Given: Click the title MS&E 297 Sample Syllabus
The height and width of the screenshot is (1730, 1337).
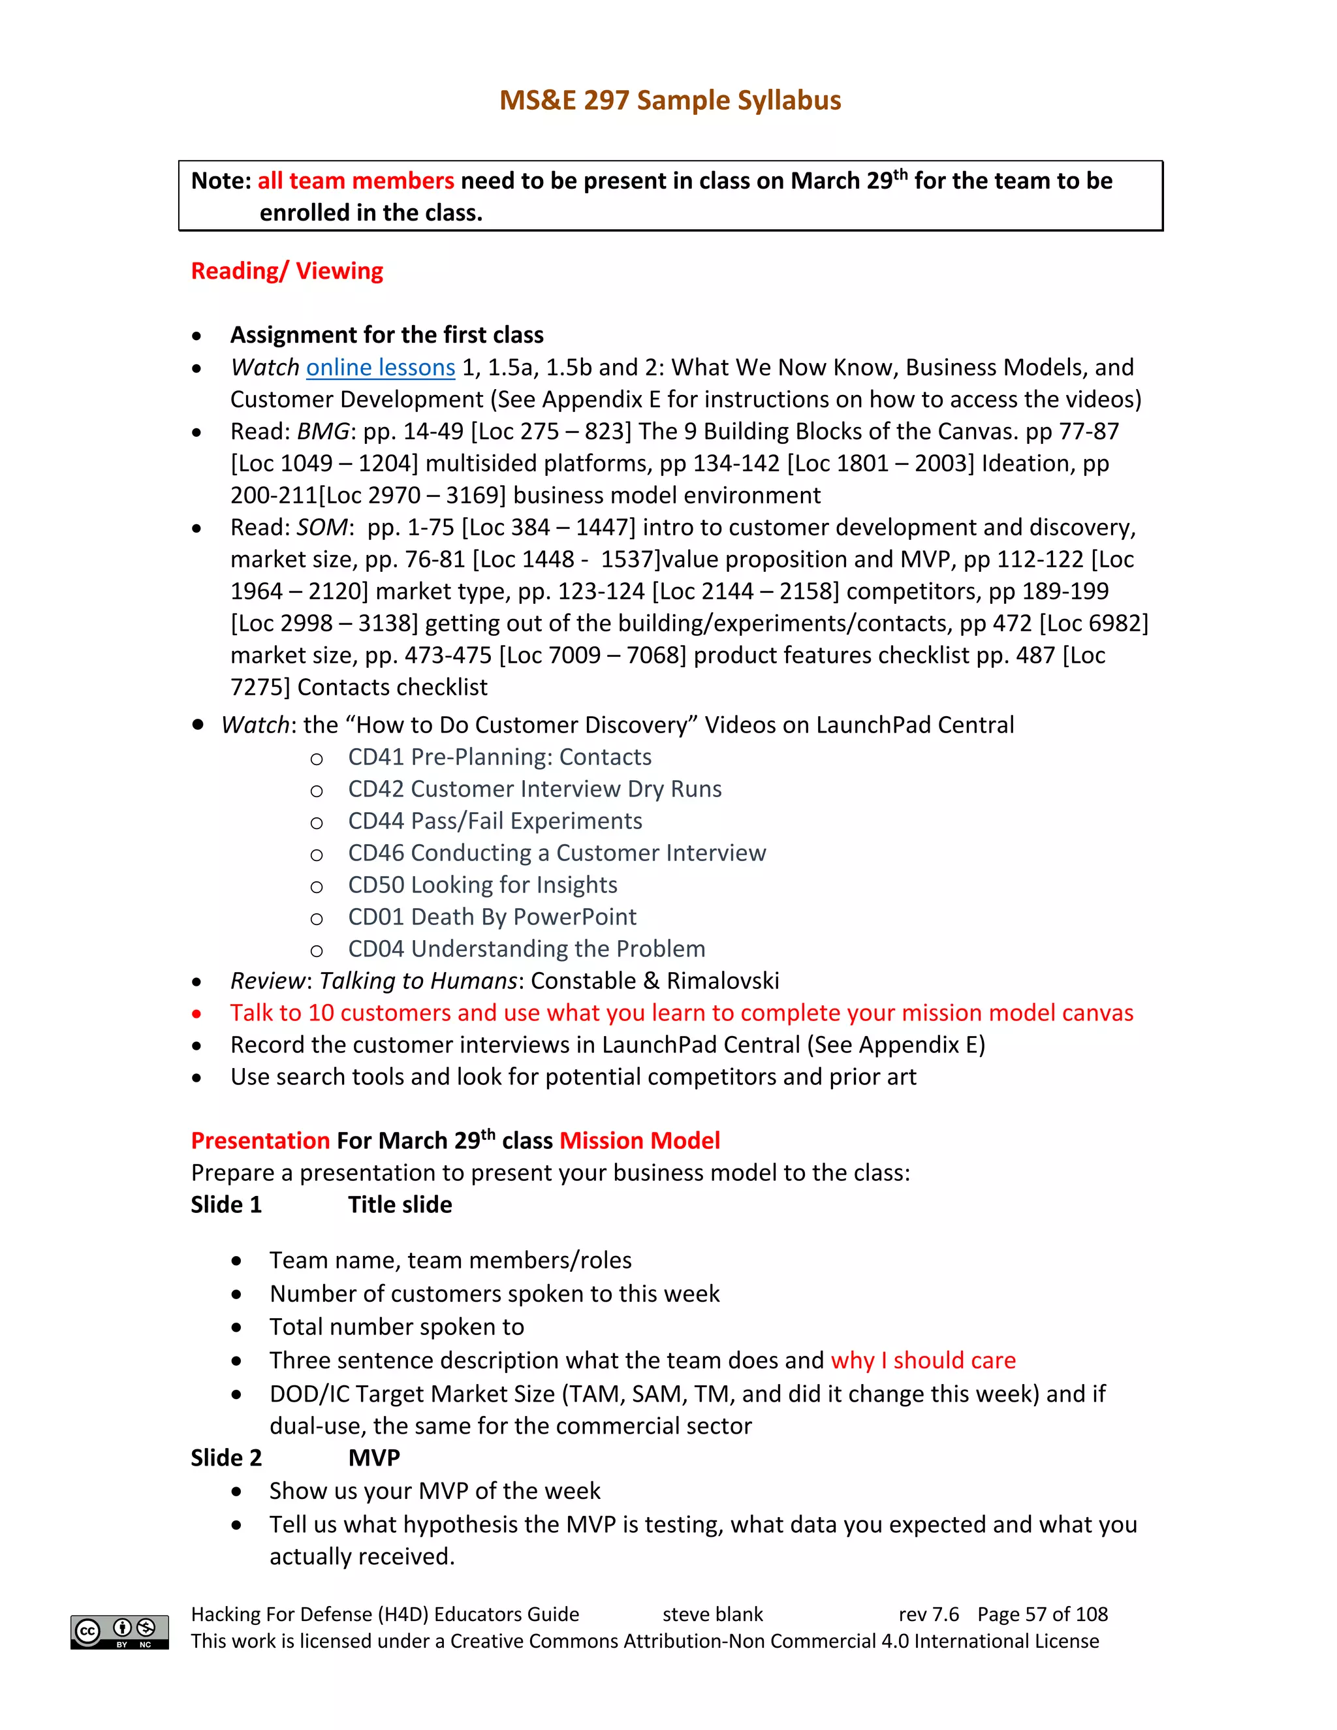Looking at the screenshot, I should pyautogui.click(x=669, y=101).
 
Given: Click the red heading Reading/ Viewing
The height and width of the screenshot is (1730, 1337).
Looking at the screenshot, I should pyautogui.click(x=287, y=271).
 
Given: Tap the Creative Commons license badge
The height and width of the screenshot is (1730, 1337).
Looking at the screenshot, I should pyautogui.click(x=119, y=1632).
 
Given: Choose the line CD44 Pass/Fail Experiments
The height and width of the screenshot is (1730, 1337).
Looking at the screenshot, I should pyautogui.click(x=494, y=821).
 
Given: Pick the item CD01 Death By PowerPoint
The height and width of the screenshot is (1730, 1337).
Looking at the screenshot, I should pyautogui.click(x=491, y=917).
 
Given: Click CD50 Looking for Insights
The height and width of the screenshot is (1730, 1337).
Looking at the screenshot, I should pyautogui.click(x=482, y=885).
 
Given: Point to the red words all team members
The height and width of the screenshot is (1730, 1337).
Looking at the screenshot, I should pyautogui.click(x=356, y=181).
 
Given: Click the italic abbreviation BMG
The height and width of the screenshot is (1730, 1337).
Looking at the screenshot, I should pyautogui.click(x=322, y=432).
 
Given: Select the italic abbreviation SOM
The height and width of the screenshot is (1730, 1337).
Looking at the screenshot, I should pyautogui.click(x=322, y=527).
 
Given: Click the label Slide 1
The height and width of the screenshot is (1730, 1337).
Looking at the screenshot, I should pyautogui.click(x=226, y=1205).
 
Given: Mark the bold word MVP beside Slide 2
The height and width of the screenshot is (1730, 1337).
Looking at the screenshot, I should pyautogui.click(x=374, y=1458).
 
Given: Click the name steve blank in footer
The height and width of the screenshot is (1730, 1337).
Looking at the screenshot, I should pyautogui.click(x=712, y=1614).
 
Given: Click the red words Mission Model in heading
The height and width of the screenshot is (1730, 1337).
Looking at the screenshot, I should pyautogui.click(x=639, y=1140).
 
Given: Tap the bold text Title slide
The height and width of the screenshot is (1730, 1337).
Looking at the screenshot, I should pyautogui.click(x=400, y=1205).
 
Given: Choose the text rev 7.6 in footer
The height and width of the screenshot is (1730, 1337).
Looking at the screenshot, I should pyautogui.click(x=928, y=1614).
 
